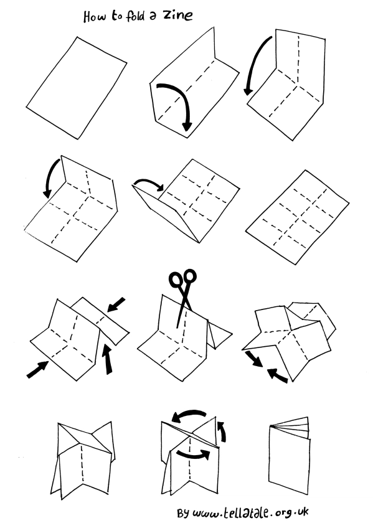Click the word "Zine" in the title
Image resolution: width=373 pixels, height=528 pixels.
click(178, 16)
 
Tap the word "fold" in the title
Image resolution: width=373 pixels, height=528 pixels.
click(136, 16)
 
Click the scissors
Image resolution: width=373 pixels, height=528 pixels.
click(184, 296)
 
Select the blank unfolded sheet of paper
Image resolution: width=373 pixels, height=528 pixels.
click(77, 88)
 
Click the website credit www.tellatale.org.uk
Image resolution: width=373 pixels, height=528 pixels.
click(250, 512)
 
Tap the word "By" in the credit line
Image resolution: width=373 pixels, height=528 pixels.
click(183, 513)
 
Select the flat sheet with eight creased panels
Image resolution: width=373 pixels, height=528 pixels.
click(297, 217)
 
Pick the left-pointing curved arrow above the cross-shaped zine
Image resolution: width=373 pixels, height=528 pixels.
click(189, 415)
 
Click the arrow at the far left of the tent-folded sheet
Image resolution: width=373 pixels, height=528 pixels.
click(37, 369)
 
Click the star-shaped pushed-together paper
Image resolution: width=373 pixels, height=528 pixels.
click(289, 340)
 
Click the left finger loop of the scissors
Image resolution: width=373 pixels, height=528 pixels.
click(176, 280)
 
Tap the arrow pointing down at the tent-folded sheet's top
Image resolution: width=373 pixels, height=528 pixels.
click(116, 304)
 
